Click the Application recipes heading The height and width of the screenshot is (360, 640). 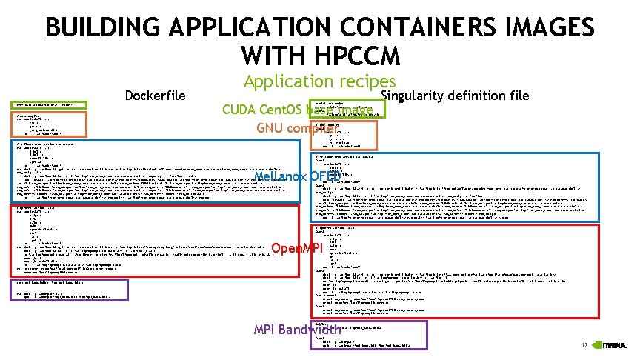click(320, 82)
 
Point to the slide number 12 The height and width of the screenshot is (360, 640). click(584, 346)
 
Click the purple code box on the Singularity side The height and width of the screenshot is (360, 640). click(370, 335)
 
